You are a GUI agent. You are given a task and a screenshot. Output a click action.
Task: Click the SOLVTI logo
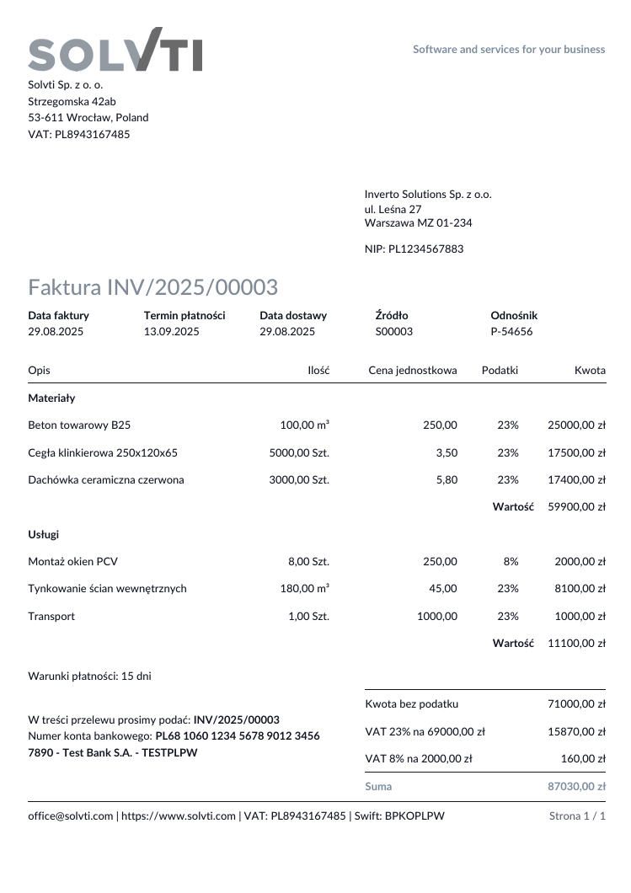[x=115, y=51]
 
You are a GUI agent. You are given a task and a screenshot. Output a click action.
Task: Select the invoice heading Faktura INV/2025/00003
[x=152, y=287]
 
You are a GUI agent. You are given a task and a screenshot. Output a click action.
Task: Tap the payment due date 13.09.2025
[x=171, y=331]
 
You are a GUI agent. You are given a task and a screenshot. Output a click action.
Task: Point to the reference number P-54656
[x=511, y=331]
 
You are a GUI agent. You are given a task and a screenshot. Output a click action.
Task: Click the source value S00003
[x=393, y=331]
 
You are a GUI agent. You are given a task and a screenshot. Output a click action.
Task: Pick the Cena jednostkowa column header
[x=413, y=370]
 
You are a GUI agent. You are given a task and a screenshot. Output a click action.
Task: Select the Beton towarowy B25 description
[x=79, y=425]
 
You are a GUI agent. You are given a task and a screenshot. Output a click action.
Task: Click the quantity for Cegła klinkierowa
[x=299, y=452]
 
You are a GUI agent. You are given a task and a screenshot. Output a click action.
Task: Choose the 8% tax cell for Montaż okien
[x=511, y=561]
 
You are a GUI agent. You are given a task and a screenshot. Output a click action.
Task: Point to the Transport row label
[x=51, y=616]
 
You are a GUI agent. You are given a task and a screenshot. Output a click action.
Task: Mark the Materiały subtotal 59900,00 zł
[x=576, y=507]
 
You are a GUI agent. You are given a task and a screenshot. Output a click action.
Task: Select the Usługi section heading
[x=43, y=534]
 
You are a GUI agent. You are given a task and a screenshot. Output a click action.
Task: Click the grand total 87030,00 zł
[x=576, y=786]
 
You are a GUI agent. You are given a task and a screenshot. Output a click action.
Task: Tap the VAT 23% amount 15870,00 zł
[x=576, y=732]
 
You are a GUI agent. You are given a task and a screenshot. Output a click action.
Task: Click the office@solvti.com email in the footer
[x=70, y=815]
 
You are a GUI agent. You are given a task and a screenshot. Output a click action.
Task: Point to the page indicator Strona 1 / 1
[x=577, y=815]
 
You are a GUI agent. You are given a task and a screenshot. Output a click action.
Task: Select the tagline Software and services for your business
[x=509, y=49]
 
